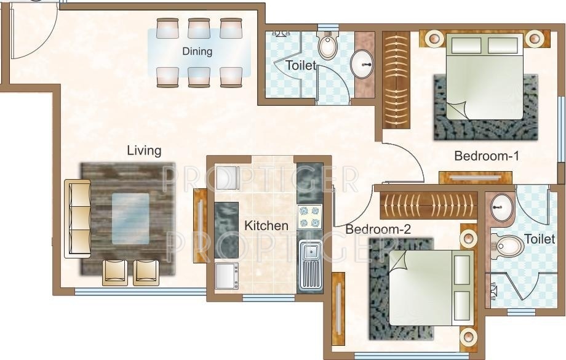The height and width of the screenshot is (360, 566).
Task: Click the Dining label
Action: coord(197,52)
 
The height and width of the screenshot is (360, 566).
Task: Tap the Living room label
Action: coord(144,150)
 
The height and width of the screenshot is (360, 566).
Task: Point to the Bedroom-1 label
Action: coord(486,156)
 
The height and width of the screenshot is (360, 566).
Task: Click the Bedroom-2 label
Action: coord(378,230)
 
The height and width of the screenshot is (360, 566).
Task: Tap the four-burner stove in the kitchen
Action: coord(310,217)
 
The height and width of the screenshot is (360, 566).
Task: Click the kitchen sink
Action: coord(310,266)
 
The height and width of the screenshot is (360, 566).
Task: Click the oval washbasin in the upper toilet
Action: coord(362,63)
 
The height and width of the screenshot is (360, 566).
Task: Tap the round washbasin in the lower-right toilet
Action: coord(501,208)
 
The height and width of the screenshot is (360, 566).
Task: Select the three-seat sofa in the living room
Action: coord(78,218)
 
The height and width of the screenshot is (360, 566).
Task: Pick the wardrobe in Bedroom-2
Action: coord(428,205)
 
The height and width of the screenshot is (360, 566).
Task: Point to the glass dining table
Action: coord(199,52)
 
